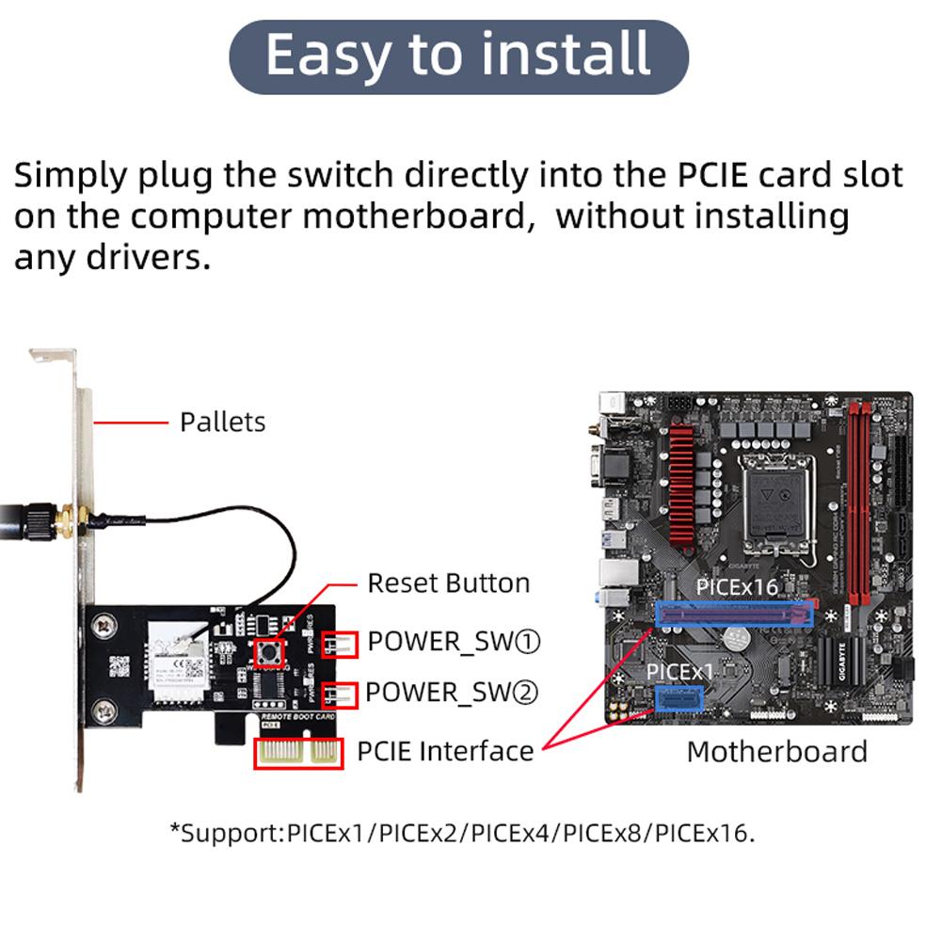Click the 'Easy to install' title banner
point(458,55)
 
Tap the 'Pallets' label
point(223,422)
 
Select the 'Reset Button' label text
point(449,583)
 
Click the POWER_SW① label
point(455,642)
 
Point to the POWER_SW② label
point(453,693)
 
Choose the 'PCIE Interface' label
point(445,751)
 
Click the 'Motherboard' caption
point(777,752)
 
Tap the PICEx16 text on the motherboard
point(737,587)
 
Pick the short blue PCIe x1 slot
point(679,699)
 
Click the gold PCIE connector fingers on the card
point(298,753)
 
